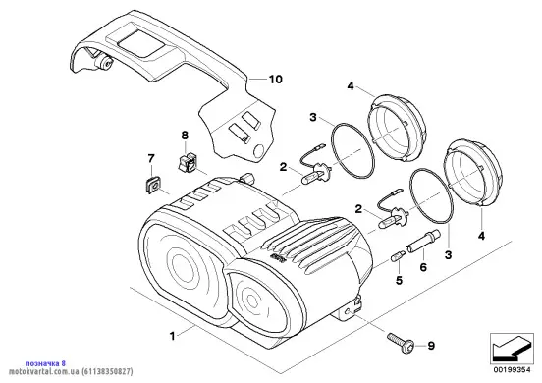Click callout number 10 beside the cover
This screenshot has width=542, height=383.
point(276,80)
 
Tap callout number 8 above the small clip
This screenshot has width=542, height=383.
point(185,135)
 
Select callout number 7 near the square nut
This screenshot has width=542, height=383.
point(151,159)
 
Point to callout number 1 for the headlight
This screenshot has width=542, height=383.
point(172,336)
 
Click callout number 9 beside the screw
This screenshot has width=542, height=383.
point(431,346)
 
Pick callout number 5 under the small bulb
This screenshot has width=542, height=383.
point(400,280)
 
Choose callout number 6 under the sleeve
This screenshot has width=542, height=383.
point(423,267)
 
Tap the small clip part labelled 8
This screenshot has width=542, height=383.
point(187,161)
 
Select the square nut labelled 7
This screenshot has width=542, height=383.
point(152,185)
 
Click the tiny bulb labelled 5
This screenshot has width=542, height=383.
point(396,257)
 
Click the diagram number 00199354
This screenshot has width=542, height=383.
point(512,370)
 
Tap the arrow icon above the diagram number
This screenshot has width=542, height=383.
point(512,349)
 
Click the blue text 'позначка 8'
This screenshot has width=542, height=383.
point(45,363)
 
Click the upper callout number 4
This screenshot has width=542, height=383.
point(351,86)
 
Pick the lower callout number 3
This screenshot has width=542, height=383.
point(448,255)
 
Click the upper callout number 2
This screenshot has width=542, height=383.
point(283,167)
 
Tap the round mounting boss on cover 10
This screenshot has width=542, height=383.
point(104,63)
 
